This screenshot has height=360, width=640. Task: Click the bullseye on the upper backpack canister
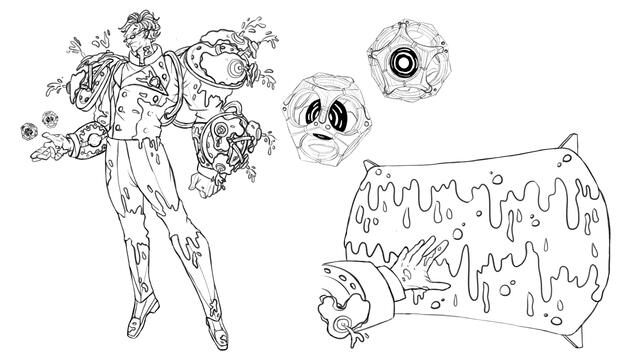[x=232, y=69]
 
